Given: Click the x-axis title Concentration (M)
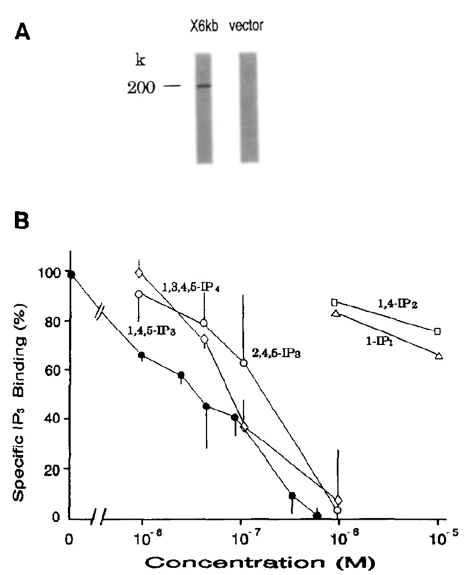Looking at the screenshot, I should click(257, 562).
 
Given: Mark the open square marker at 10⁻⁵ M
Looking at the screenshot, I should click(438, 331).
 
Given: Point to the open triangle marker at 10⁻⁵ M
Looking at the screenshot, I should click(438, 356).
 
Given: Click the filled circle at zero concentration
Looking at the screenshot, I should click(71, 274).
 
